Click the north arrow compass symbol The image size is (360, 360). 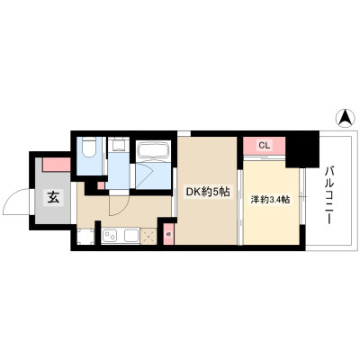tap(345, 118)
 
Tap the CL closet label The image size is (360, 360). tap(265, 146)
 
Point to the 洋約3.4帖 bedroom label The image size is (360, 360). tap(270, 200)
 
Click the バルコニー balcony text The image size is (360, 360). tap(328, 195)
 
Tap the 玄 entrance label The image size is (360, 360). tap(53, 198)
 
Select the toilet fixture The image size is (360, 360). tap(89, 147)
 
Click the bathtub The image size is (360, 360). tap(153, 150)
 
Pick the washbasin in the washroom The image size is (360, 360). tap(118, 144)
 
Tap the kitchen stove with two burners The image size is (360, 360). tap(110, 235)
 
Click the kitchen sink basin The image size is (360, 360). tap(131, 235)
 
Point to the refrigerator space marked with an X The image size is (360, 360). tap(148, 236)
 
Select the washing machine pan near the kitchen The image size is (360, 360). tap(85, 236)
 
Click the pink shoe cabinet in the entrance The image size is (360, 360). tap(57, 165)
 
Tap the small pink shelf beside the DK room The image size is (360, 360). tap(168, 233)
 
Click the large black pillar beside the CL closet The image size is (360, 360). tap(302, 149)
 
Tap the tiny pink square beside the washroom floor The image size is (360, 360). tap(102, 185)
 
